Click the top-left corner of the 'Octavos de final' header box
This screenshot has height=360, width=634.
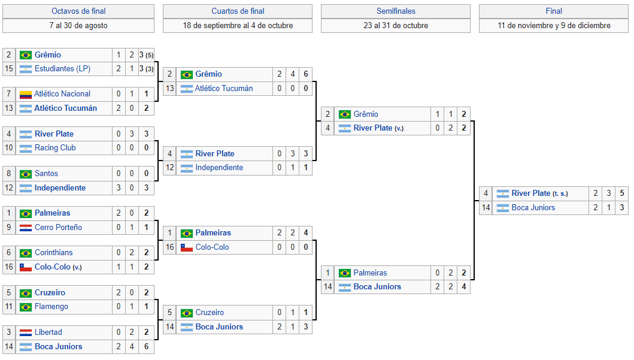click(3, 4)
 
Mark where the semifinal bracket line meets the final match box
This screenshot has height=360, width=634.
click(479, 200)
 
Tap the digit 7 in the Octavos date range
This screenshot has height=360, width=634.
click(51, 26)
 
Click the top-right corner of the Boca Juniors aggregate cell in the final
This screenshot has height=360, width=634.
click(628, 201)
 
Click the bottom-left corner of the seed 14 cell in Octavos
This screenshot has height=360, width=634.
click(3, 353)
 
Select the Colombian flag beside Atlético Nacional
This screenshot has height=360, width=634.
click(26, 94)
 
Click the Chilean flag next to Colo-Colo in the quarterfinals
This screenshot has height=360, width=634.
click(186, 247)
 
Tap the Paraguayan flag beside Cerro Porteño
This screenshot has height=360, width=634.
click(26, 228)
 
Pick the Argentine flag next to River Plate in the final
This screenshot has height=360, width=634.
click(503, 193)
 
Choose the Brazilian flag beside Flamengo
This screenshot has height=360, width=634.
click(26, 307)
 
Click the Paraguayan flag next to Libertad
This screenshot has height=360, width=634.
click(26, 333)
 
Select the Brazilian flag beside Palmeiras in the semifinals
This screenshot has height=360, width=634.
click(344, 273)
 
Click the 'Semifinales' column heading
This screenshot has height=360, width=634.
click(396, 11)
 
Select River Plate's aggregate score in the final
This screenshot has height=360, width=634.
click(622, 193)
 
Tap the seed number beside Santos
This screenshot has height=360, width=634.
click(9, 174)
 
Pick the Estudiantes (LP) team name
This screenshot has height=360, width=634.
click(62, 69)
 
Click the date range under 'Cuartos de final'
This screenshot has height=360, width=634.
click(238, 26)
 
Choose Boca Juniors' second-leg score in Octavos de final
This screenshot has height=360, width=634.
click(132, 347)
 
